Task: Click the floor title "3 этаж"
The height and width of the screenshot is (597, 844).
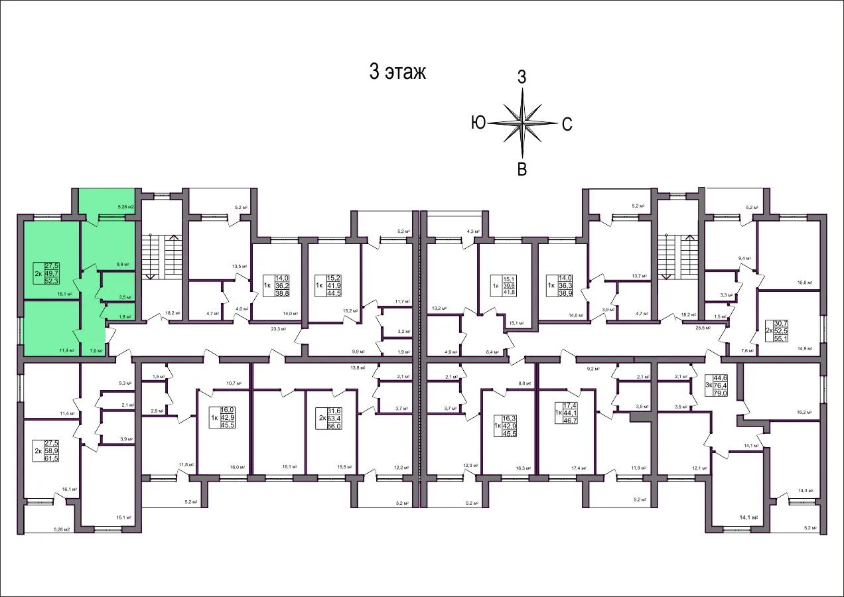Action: click(397, 72)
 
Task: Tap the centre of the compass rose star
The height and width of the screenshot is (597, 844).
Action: click(522, 123)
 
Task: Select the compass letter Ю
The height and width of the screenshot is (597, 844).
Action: click(478, 123)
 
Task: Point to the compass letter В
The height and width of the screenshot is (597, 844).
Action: click(522, 169)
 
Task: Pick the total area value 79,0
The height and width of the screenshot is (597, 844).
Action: click(720, 393)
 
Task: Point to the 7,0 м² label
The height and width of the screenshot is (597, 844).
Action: click(96, 351)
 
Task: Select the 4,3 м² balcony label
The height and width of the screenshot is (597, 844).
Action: click(472, 232)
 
